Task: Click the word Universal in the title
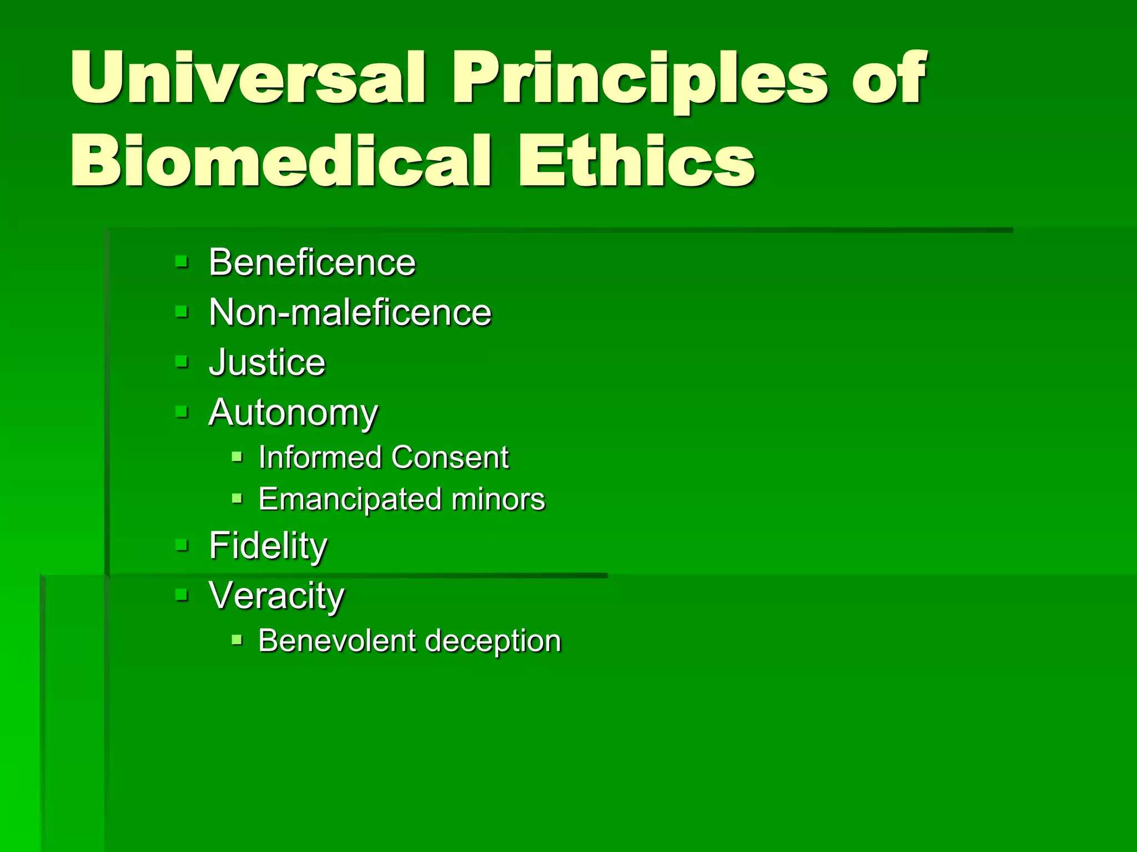tap(248, 77)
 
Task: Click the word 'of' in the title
tap(889, 78)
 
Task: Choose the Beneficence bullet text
tap(312, 262)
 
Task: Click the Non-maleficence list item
tap(350, 312)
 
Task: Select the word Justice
tap(267, 362)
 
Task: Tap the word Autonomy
tap(293, 413)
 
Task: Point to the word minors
tap(498, 499)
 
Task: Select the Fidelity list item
tap(268, 546)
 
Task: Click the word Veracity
tap(276, 596)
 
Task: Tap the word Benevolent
tap(337, 641)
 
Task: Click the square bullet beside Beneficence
tap(182, 261)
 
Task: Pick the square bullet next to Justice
tap(182, 362)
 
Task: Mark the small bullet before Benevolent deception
tap(237, 640)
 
